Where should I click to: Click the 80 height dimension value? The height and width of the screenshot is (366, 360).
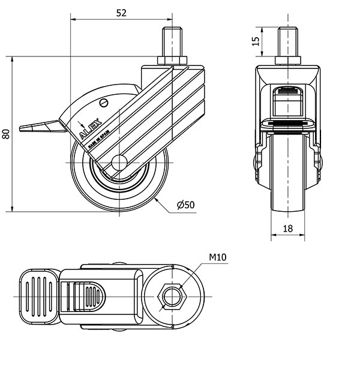6,134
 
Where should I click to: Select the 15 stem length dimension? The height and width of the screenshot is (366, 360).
256,41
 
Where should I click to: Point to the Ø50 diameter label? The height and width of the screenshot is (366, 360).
186,205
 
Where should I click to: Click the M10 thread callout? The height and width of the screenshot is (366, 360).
217,258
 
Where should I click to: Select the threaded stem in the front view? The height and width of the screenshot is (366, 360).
287,43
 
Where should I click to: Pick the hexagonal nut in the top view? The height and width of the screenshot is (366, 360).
172,295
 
